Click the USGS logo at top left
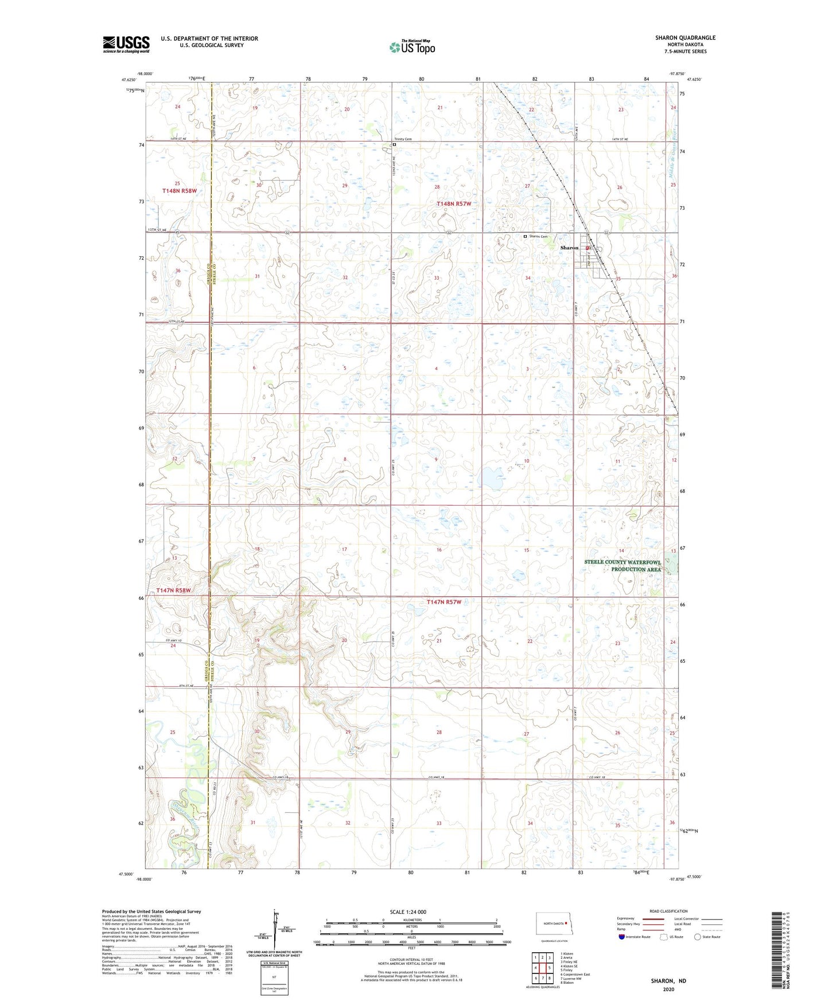tap(126, 44)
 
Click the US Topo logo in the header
tap(412, 47)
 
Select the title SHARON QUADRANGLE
tap(685, 38)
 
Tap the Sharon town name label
tap(569, 248)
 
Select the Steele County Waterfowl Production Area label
tap(622, 566)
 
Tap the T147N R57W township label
tap(443, 602)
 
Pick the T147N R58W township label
tap(173, 590)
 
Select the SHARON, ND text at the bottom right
tap(668, 981)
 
